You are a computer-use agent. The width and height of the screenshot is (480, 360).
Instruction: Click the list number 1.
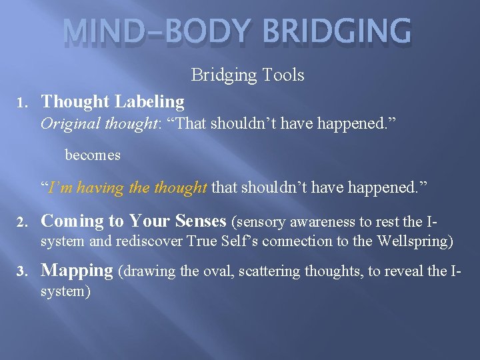[x=21, y=103]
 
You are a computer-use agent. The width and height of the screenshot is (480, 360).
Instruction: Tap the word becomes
[x=93, y=155]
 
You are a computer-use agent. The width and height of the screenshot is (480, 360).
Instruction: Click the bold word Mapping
[x=77, y=271]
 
